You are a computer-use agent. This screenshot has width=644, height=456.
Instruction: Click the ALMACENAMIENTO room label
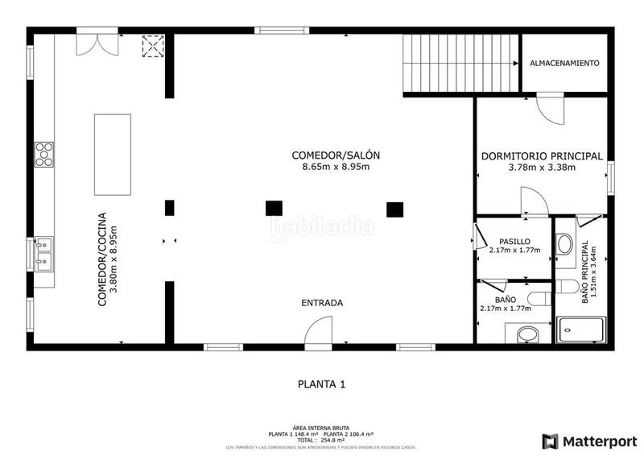(563, 63)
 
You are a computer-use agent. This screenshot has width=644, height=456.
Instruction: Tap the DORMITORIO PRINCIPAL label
(541, 156)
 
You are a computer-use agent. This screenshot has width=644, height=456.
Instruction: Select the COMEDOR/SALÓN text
(335, 155)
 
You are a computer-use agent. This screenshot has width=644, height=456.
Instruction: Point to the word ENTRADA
(322, 303)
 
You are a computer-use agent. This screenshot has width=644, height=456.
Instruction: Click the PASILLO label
(514, 241)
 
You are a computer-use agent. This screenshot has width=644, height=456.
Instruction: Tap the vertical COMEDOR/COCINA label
(101, 259)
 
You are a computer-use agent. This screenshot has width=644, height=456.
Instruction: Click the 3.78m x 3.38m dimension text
(541, 168)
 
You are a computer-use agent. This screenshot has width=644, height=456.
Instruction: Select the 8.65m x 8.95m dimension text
(335, 168)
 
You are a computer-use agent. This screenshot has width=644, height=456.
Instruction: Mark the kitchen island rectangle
(113, 154)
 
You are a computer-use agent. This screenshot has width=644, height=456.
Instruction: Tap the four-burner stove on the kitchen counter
(43, 153)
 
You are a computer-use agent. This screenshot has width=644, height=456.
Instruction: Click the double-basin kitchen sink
(43, 252)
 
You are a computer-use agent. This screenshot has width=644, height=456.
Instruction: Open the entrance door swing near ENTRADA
(320, 330)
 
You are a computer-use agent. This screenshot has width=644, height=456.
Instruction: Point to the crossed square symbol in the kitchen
(151, 47)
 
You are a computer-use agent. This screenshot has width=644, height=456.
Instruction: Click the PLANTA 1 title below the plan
(321, 384)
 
